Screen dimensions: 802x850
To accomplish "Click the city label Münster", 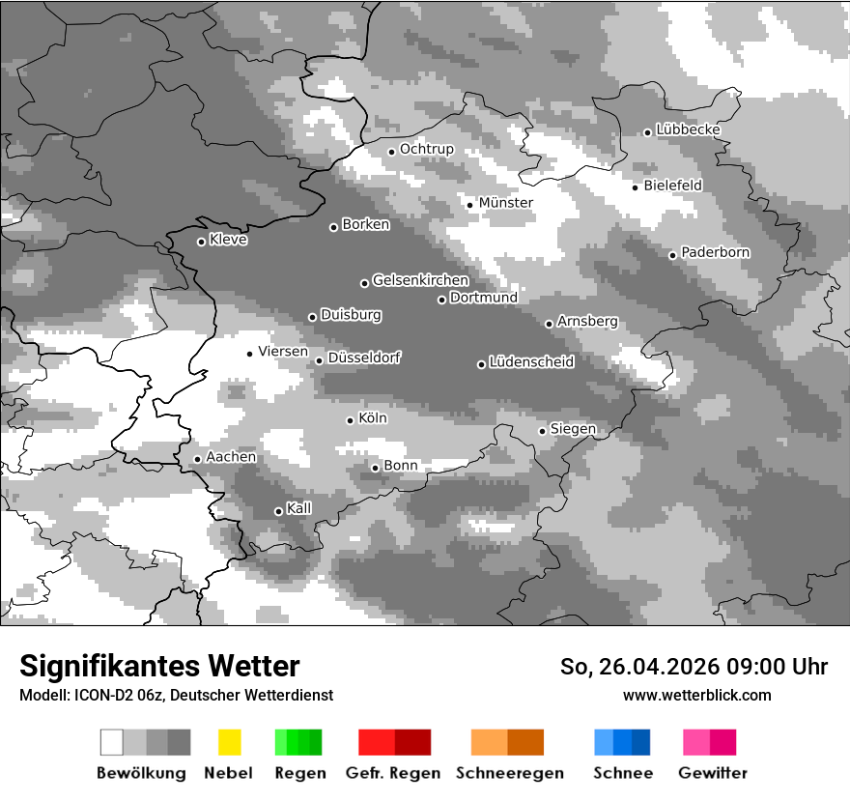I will (506, 203).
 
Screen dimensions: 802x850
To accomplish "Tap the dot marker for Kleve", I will (201, 242).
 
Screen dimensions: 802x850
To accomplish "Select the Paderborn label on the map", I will (715, 252).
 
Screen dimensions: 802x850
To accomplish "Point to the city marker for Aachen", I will (197, 459).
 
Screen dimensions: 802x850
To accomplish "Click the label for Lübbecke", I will (688, 129).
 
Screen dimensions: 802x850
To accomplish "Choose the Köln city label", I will (372, 418).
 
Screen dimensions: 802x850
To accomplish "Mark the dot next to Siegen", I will (542, 431).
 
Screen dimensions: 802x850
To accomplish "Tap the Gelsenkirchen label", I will (420, 280).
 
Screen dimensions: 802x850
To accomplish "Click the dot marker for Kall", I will (278, 511).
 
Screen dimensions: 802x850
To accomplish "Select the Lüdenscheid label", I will (531, 362).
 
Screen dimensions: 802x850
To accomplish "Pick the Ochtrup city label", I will (426, 149).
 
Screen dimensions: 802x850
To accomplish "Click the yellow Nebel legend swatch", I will (229, 742).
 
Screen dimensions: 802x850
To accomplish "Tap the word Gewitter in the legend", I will (712, 773).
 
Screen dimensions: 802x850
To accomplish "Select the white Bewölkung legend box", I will (112, 742).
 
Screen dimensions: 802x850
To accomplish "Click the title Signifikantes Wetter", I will (159, 666).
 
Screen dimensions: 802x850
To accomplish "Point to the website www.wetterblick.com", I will (696, 695).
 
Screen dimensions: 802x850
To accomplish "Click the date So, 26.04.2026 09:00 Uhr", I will (694, 667).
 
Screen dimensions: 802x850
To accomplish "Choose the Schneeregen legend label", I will (509, 773).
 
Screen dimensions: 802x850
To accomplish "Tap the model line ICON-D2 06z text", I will (176, 695).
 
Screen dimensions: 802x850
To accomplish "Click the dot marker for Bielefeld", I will (635, 186).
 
